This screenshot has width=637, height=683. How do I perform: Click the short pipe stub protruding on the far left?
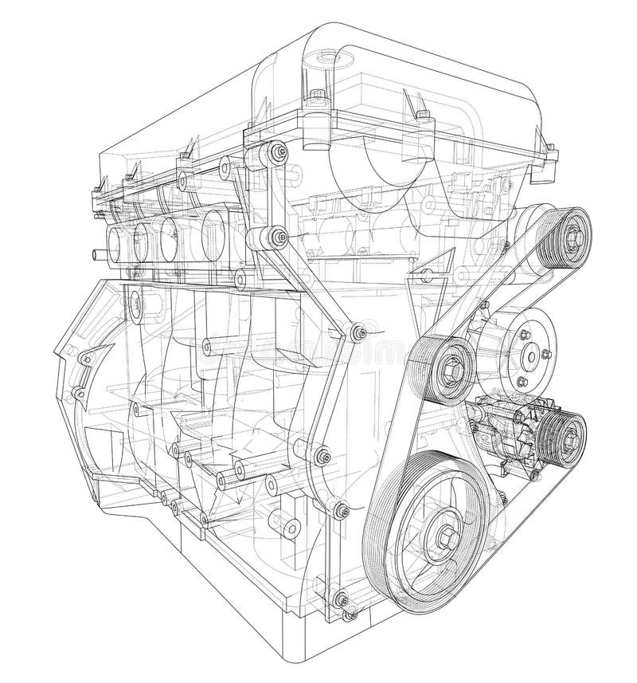[x=97, y=254]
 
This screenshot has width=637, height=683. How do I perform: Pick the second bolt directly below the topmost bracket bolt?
[x=277, y=236]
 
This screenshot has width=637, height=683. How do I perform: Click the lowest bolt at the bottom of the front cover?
[x=342, y=599]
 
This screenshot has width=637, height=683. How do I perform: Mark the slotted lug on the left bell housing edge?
[x=78, y=393]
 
